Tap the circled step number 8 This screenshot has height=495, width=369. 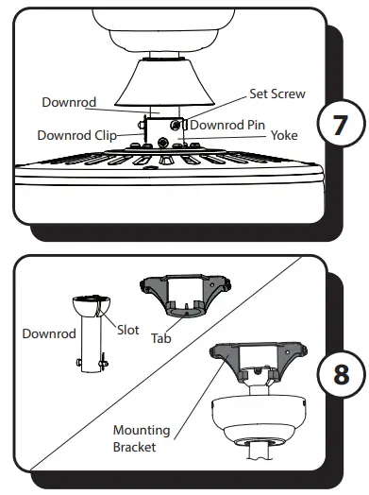pyautogui.click(x=337, y=375)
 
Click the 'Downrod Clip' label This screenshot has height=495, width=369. pyautogui.click(x=76, y=135)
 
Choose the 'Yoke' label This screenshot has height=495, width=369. pyautogui.click(x=284, y=135)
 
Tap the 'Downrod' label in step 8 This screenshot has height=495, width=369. pyautogui.click(x=48, y=333)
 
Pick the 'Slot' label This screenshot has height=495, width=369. pyautogui.click(x=128, y=330)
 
